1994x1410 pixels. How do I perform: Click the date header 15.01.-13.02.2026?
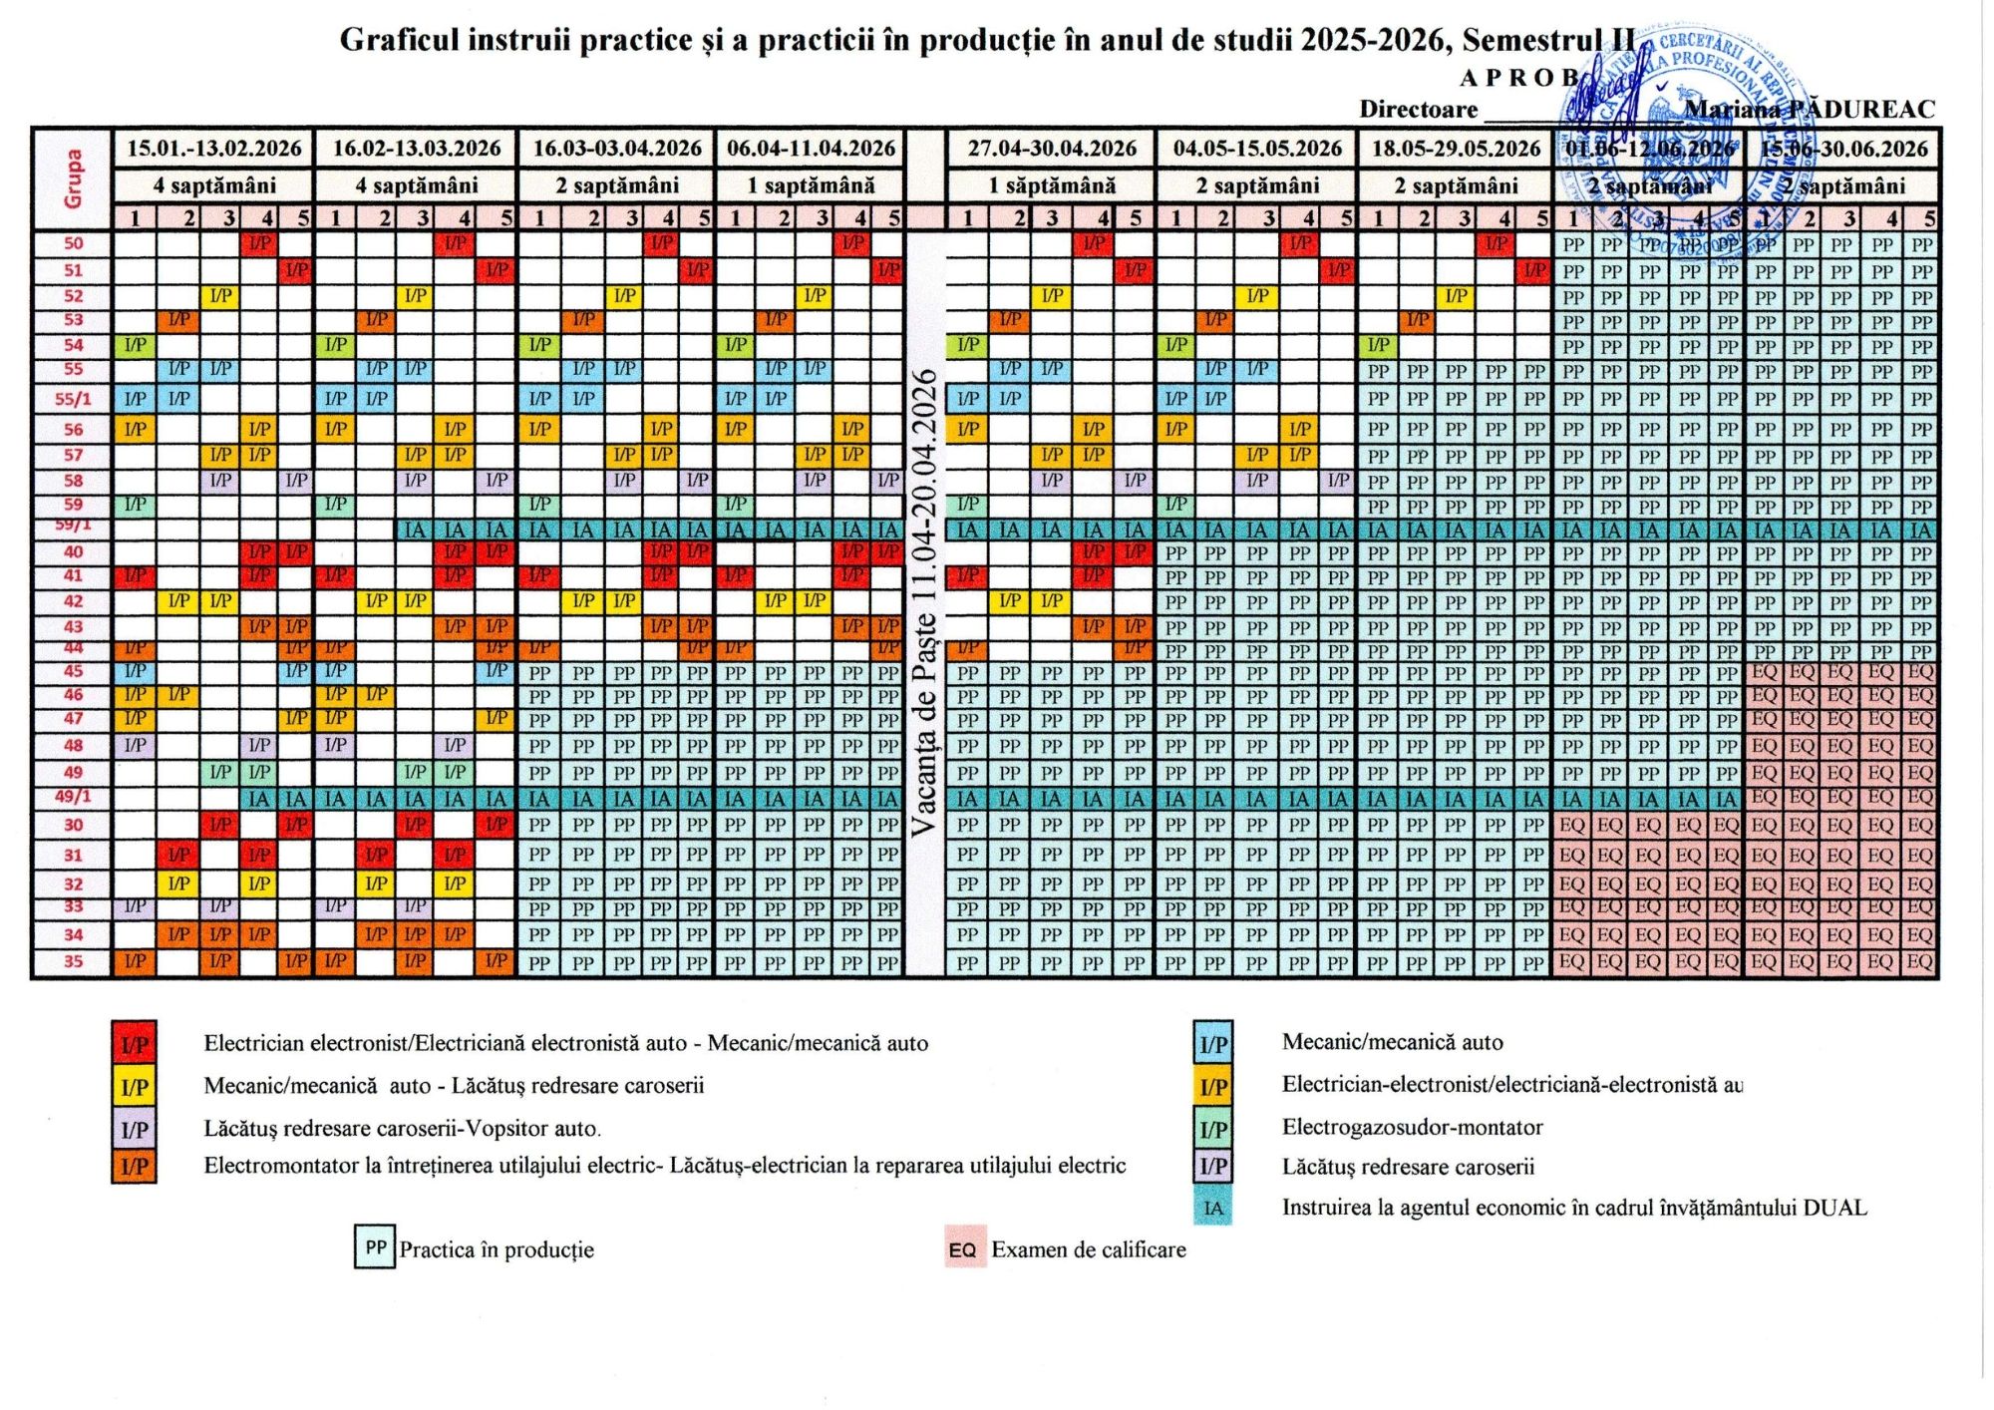coord(213,149)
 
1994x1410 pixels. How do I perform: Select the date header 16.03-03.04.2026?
coord(616,149)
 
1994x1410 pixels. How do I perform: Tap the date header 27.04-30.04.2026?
coord(1052,149)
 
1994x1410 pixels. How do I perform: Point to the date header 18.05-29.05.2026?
coord(1456,149)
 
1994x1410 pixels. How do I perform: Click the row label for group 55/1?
coord(73,399)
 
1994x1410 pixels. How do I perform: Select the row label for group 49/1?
coord(73,797)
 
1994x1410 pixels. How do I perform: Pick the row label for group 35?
coord(73,961)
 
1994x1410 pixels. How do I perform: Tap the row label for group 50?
coord(73,243)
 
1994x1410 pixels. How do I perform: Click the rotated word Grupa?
coord(73,179)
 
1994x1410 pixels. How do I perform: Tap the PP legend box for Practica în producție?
coord(375,1247)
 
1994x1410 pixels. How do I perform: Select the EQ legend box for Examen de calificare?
coord(963,1249)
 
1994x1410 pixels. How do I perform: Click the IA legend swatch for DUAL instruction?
coord(1212,1208)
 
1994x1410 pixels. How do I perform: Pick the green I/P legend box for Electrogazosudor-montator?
coord(1212,1129)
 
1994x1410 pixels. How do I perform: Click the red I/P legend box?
coord(134,1045)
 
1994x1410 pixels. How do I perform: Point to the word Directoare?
coord(1418,110)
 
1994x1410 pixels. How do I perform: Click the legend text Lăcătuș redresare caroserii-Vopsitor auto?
coord(402,1129)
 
